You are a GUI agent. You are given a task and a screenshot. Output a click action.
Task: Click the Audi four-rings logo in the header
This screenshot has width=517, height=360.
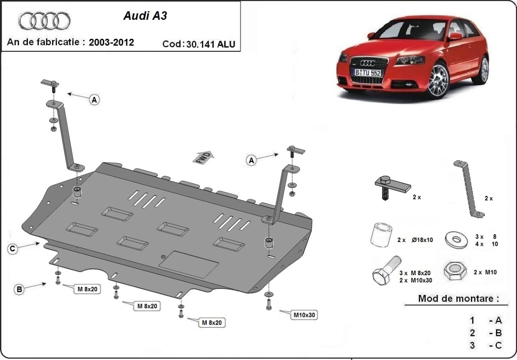44,20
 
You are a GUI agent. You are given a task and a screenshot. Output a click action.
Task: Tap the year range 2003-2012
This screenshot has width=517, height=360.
111,42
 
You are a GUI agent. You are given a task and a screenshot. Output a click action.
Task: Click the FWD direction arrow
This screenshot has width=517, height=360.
202,157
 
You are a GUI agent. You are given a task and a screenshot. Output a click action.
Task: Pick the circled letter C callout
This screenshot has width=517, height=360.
13,248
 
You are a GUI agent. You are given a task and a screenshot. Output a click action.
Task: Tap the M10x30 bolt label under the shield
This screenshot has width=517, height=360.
305,315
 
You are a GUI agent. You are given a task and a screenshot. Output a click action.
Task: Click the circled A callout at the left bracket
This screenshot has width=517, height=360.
94,100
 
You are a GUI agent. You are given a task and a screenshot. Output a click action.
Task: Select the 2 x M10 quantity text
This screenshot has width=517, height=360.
485,272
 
